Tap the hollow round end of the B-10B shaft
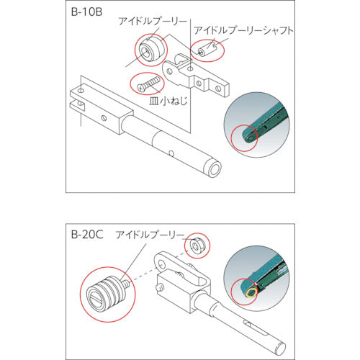214,170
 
